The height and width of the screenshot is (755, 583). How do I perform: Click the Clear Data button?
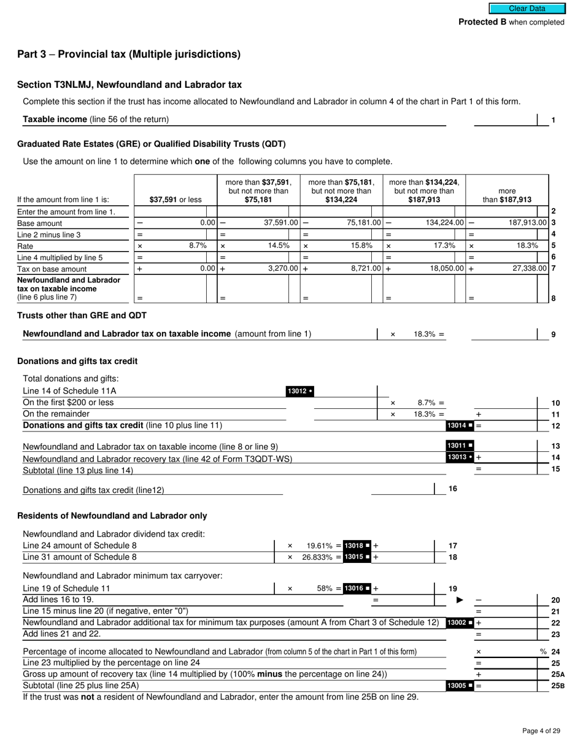pyautogui.click(x=527, y=9)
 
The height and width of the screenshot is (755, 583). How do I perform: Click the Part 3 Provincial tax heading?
pyautogui.click(x=129, y=54)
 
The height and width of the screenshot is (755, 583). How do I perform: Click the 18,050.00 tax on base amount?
pyautogui.click(x=445, y=269)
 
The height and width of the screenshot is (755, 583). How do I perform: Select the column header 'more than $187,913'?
pyautogui.click(x=507, y=195)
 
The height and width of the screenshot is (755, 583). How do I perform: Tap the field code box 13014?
pyautogui.click(x=460, y=425)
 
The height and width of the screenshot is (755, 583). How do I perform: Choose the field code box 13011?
pyautogui.click(x=460, y=446)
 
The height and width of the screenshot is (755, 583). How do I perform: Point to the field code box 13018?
pyautogui.click(x=357, y=545)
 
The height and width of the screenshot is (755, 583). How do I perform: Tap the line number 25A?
pyautogui.click(x=557, y=674)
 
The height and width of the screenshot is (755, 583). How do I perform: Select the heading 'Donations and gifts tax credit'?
pyautogui.click(x=77, y=361)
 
